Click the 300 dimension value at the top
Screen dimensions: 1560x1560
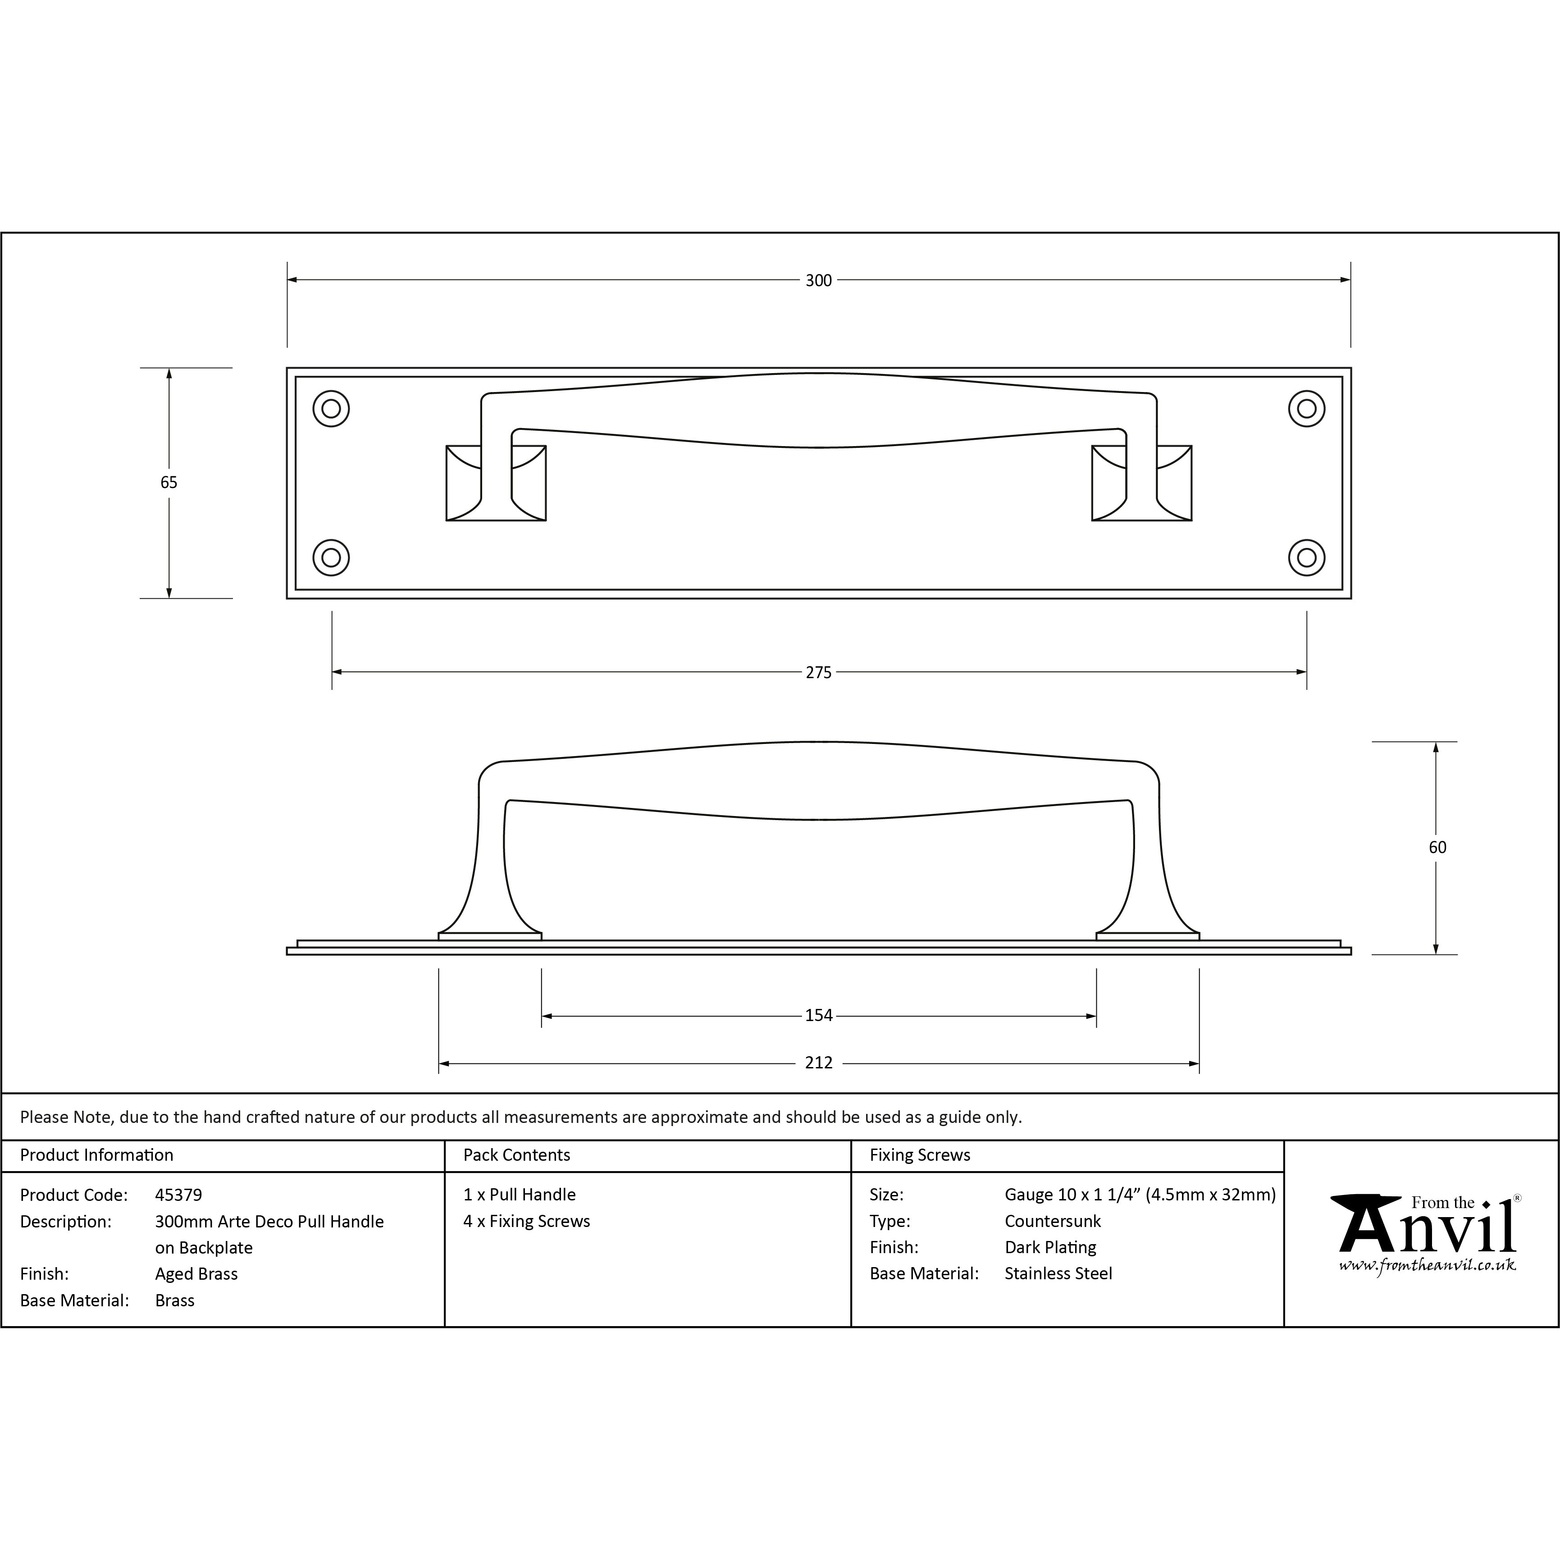(x=818, y=280)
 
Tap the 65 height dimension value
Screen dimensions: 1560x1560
(x=169, y=482)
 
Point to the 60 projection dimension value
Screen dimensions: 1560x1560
(x=1437, y=847)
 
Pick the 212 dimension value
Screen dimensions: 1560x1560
(x=818, y=1063)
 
